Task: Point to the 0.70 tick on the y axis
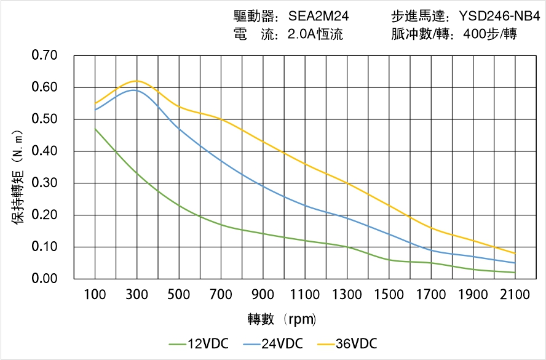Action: [x=44, y=56]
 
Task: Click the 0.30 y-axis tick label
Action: [x=44, y=183]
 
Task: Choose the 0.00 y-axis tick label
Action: [x=44, y=279]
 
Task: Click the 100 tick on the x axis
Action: [x=95, y=295]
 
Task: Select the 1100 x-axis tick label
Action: [x=305, y=295]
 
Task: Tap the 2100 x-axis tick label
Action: [x=515, y=295]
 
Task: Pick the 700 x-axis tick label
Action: [x=221, y=295]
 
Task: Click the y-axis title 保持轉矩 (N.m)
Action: [x=18, y=176]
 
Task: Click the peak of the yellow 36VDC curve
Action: [x=137, y=81]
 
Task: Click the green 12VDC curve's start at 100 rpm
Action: [x=95, y=129]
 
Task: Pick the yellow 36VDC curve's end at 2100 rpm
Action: [x=515, y=254]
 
